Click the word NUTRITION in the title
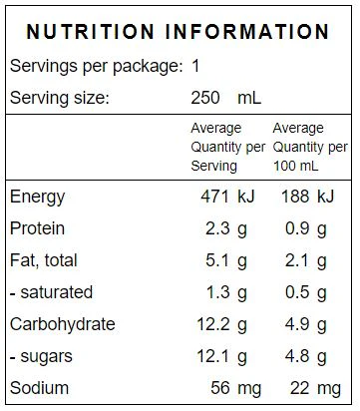coord(90,32)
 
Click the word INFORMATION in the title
coord(247,32)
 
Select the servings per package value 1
coord(195,66)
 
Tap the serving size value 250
coord(205,98)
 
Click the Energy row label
coord(37,197)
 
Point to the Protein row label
coord(37,228)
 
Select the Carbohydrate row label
coord(63,324)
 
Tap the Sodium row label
coord(39,388)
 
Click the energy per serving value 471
coord(214,197)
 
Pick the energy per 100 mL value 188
coord(295,197)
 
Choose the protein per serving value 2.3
coord(217,228)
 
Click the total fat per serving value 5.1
coord(217,260)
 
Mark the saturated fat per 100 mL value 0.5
coord(297,292)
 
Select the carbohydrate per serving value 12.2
coord(213,324)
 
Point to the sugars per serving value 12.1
coord(213,356)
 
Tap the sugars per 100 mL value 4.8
coord(297,356)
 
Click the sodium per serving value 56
coord(220,388)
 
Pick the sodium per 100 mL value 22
coord(300,388)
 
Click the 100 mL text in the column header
coord(295,166)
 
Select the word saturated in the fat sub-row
coord(57,292)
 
